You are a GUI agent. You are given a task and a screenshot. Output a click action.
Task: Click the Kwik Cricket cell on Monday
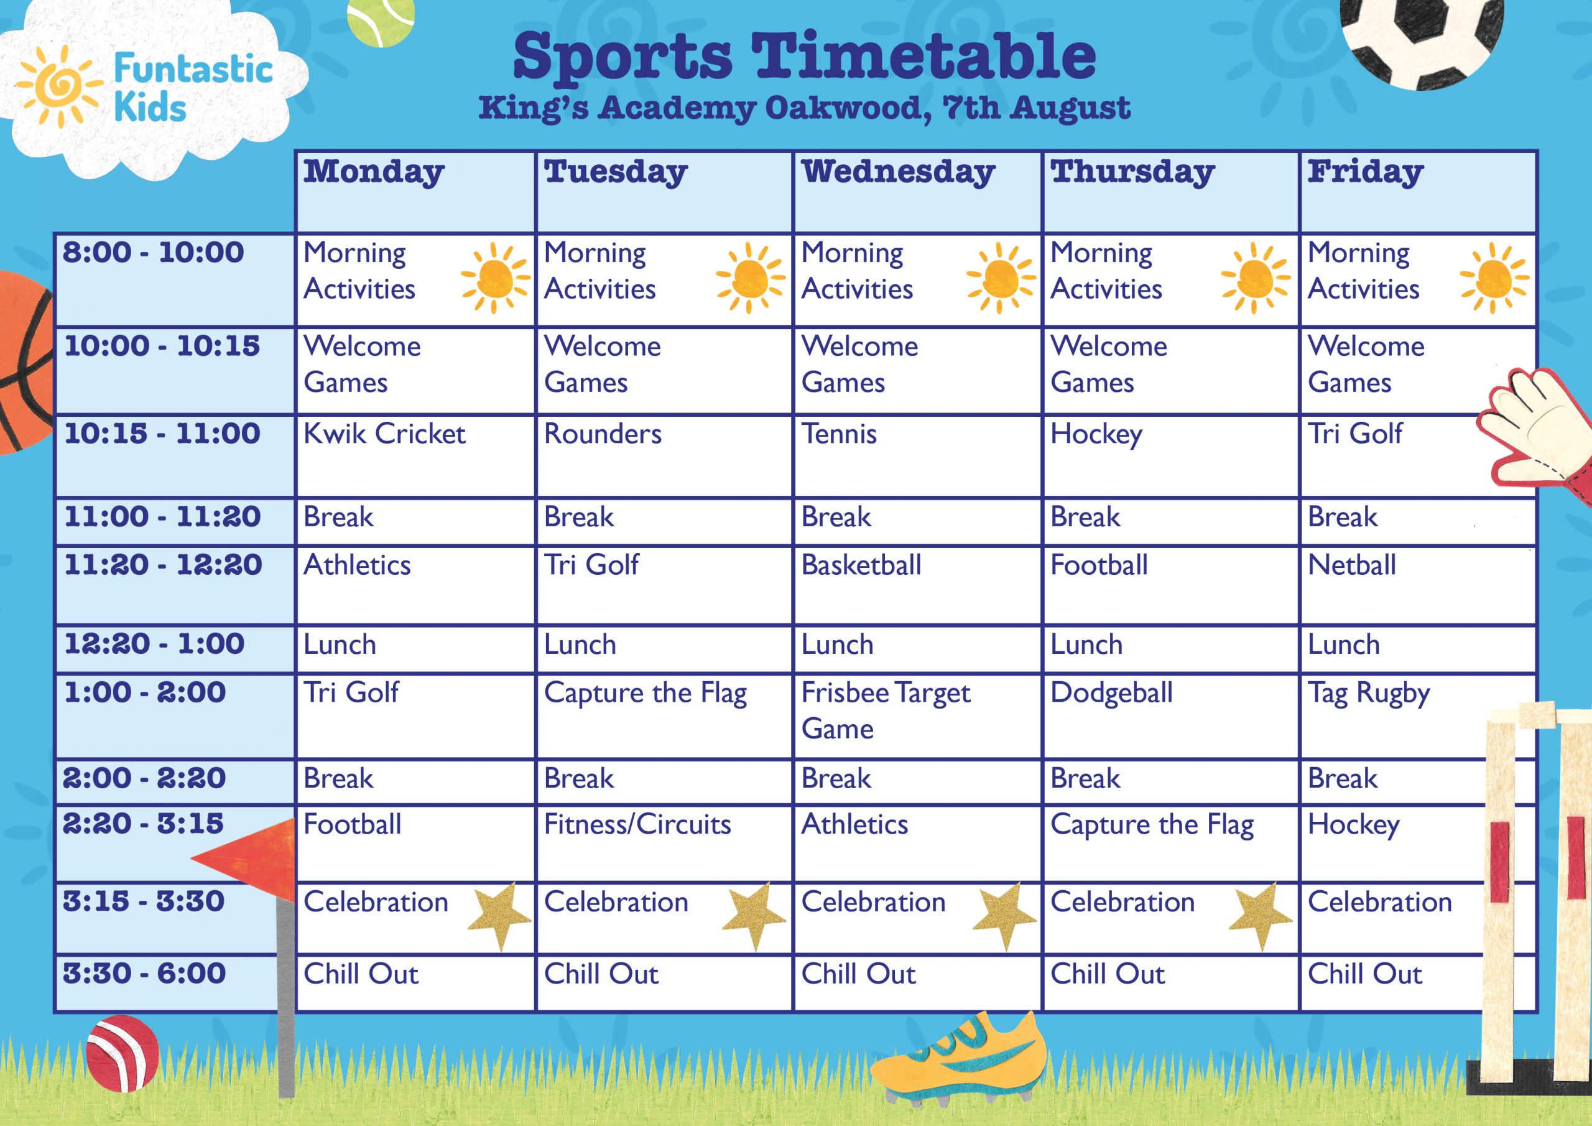[x=415, y=456]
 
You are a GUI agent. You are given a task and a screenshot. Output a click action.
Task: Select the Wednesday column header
[x=917, y=192]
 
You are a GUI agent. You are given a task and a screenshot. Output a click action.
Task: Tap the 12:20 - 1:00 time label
[x=155, y=644]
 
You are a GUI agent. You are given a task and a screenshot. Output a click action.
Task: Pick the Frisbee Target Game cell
[x=917, y=715]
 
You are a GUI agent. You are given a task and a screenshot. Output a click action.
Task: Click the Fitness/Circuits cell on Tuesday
[x=664, y=843]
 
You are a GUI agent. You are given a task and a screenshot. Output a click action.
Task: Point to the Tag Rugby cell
[x=1417, y=715]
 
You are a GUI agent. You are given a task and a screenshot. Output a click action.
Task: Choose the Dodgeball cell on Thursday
[x=1170, y=715]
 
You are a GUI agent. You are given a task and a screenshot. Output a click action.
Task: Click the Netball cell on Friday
[x=1417, y=585]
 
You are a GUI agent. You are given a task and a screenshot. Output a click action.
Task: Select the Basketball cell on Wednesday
[x=917, y=585]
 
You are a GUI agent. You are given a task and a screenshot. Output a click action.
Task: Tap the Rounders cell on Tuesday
[x=664, y=456]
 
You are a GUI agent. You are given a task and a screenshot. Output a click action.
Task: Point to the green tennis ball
[x=380, y=21]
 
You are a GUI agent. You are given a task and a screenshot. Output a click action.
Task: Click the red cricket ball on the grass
[x=123, y=1053]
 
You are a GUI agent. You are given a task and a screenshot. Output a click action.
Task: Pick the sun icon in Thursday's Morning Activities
[x=1256, y=277]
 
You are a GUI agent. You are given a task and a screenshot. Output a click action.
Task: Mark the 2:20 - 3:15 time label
[x=143, y=824]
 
